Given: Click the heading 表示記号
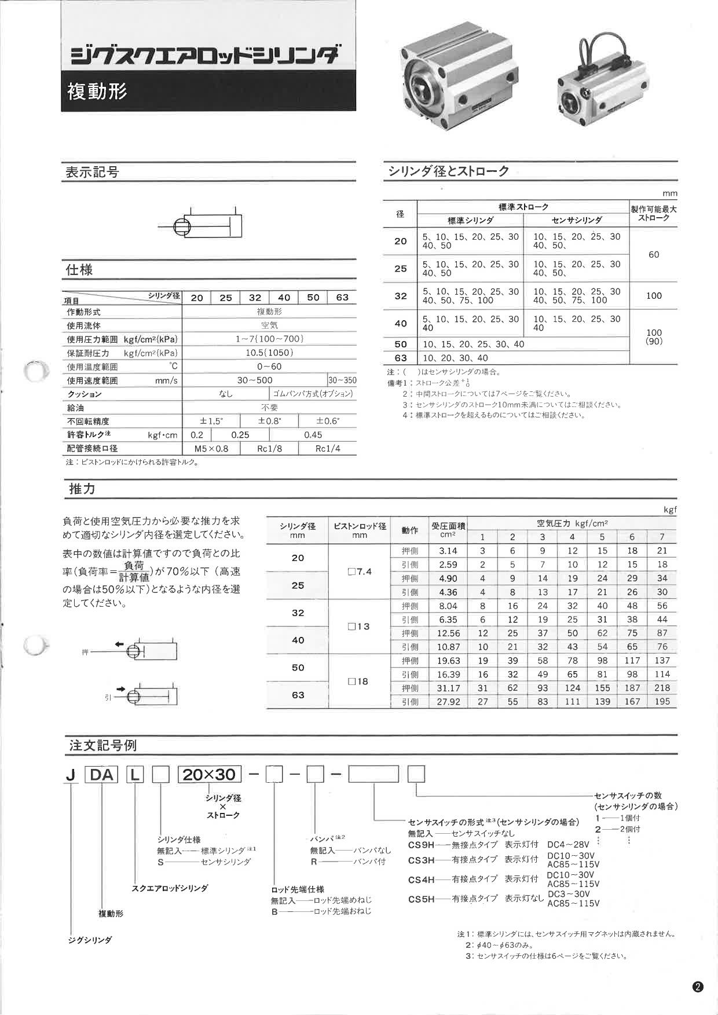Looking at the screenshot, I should (x=92, y=173).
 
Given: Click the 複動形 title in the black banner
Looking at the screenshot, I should (x=97, y=91).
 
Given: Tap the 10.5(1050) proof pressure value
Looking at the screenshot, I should (x=269, y=353).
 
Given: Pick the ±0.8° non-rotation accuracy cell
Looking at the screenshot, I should (x=269, y=421).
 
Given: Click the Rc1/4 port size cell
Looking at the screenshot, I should (x=327, y=449).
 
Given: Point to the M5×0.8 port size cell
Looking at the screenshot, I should (x=211, y=449).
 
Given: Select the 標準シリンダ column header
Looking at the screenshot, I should (x=470, y=220).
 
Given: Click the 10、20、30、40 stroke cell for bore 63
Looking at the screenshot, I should (x=455, y=358).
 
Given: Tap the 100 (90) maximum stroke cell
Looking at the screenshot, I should (x=654, y=337).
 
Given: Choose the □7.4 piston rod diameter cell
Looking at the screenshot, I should (x=360, y=571).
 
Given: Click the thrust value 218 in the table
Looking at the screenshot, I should (x=662, y=688).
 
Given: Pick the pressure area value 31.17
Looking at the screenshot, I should (x=448, y=688).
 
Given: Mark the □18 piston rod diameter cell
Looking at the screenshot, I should (x=358, y=681).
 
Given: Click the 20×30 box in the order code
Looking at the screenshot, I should (x=209, y=774).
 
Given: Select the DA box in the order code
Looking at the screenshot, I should (x=101, y=774).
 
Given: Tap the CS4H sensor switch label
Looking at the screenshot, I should (x=421, y=880).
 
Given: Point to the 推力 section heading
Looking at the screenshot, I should (x=82, y=489).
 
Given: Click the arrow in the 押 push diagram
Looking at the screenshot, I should (x=119, y=644).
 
